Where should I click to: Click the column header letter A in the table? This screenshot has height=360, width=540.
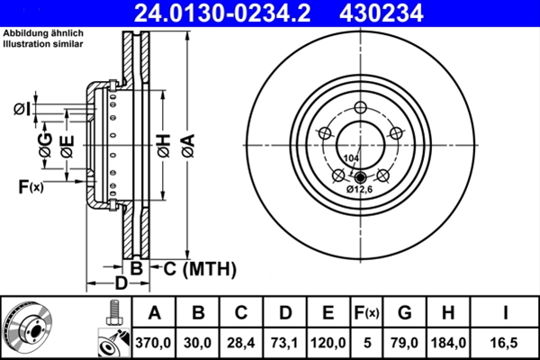[x=154, y=314]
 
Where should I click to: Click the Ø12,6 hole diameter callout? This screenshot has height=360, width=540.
[x=360, y=191]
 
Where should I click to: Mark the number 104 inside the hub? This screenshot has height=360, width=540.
[x=350, y=158]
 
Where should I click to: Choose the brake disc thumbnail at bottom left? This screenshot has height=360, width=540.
[x=29, y=328]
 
